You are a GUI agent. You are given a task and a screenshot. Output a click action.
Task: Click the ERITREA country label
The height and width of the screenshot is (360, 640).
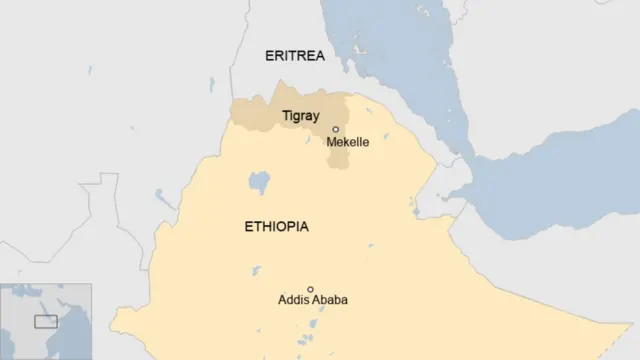294,56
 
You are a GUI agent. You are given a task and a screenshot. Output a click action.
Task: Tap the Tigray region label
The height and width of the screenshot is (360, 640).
300,117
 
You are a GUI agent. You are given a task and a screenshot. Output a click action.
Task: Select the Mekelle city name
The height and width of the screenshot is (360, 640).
347,143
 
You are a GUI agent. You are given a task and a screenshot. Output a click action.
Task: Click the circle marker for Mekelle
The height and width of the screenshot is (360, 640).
336,129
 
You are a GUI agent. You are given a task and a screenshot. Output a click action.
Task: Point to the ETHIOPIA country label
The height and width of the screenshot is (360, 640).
276,227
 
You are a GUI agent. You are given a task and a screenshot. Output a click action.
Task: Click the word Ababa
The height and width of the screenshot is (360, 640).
329,300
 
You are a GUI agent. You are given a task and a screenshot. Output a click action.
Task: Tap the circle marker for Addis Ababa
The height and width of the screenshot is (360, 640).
310,289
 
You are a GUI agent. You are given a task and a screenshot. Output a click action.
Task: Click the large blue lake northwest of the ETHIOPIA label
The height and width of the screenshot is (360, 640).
259,182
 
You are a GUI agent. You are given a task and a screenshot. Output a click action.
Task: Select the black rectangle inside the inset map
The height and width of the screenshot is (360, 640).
46,321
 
